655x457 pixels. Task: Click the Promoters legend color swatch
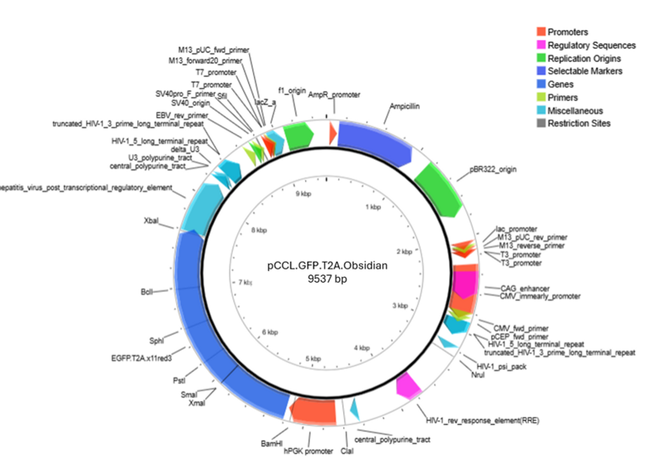pyautogui.click(x=541, y=32)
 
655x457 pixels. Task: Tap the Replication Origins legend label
pyautogui.click(x=584, y=58)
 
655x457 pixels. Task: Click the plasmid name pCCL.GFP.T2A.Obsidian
pyautogui.click(x=327, y=266)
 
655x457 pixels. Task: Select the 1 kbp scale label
pyautogui.click(x=373, y=207)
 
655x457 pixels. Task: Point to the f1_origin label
pyautogui.click(x=291, y=91)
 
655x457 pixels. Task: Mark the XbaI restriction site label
pyautogui.click(x=151, y=221)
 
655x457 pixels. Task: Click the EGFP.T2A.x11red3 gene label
pyautogui.click(x=141, y=358)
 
